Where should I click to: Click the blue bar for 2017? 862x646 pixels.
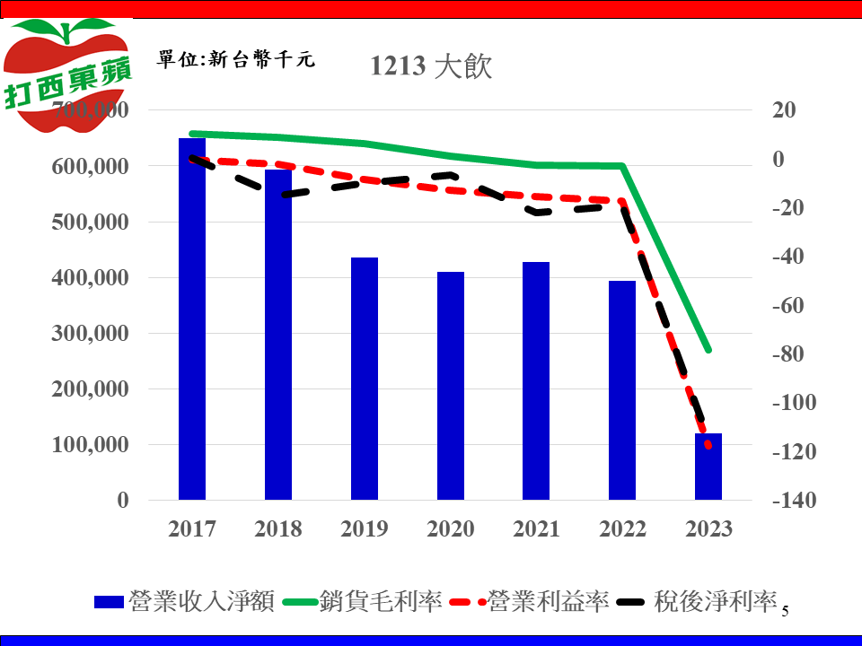click(x=192, y=319)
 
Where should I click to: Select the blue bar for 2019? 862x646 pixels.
click(x=365, y=378)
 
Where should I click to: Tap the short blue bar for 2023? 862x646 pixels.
click(x=708, y=467)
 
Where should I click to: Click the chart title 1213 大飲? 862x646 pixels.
click(x=432, y=66)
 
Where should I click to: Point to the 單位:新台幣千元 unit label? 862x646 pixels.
click(x=236, y=60)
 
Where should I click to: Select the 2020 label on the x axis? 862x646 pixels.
click(x=451, y=528)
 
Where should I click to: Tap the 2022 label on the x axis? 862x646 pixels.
click(x=622, y=528)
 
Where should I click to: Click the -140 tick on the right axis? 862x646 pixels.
click(x=794, y=501)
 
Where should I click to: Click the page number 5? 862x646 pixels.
click(x=785, y=612)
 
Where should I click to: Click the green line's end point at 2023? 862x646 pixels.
click(x=708, y=350)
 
